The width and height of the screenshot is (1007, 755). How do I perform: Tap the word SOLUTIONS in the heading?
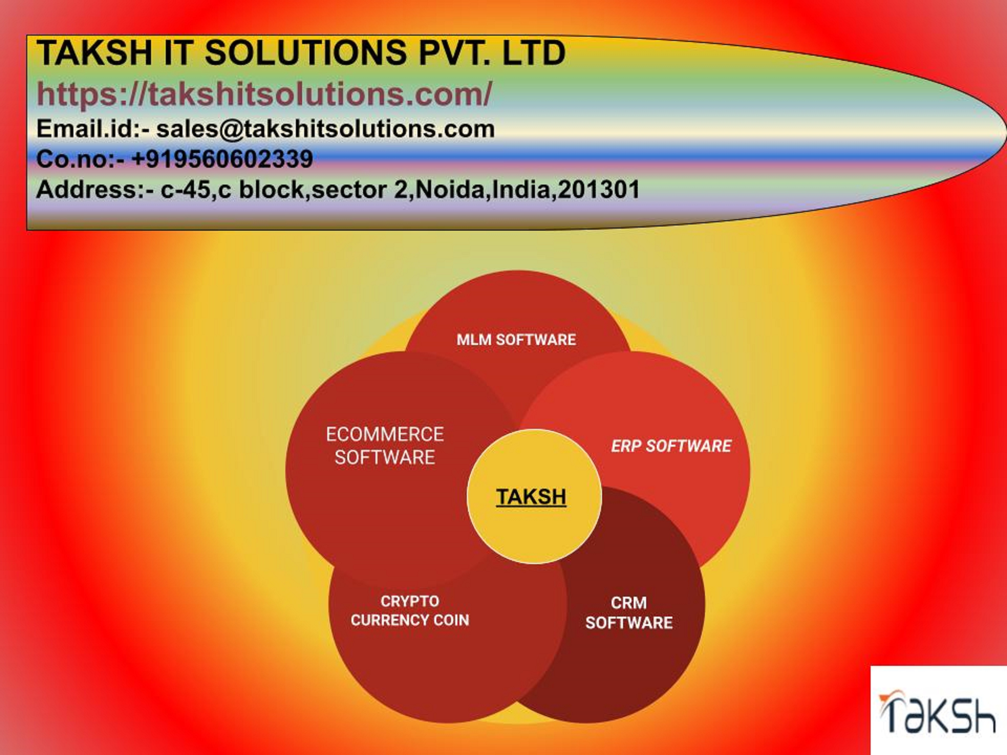pos(306,53)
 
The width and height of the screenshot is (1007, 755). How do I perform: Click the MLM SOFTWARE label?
pos(516,340)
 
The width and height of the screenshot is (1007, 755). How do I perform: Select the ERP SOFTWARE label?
pos(671,446)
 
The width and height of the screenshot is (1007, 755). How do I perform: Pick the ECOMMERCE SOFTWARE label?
pos(385,445)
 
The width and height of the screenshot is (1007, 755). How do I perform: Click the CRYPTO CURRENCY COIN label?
pos(410,611)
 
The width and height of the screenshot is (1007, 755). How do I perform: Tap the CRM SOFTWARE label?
pos(629,613)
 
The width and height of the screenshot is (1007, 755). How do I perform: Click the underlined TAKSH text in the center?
pos(531,496)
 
